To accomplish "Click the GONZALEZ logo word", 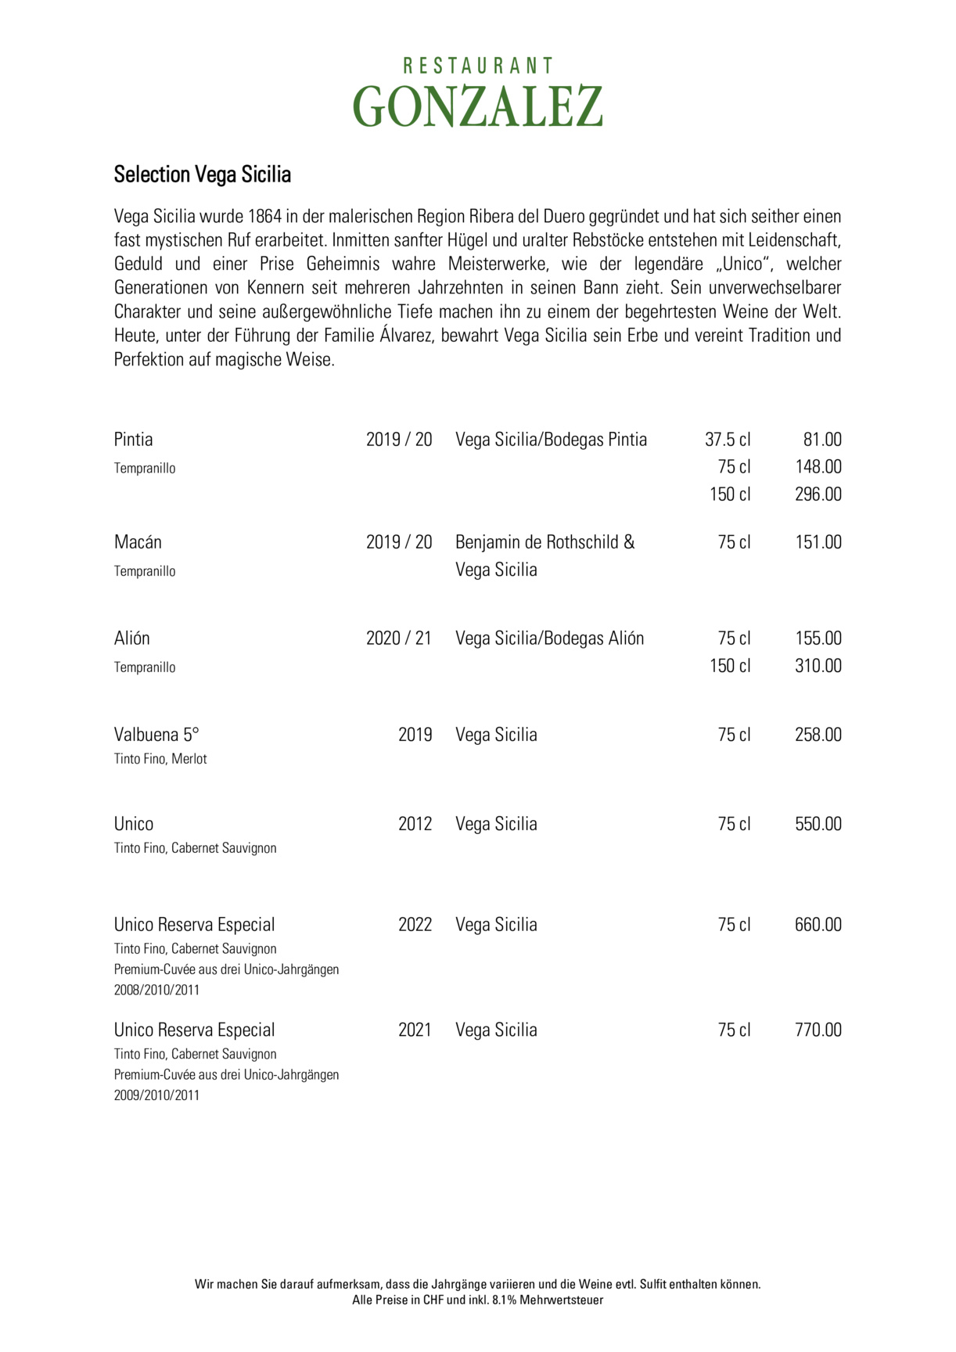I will point(477,106).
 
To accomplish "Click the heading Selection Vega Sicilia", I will point(203,174).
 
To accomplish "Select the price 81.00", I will point(822,440).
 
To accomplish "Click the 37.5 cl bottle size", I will point(728,440).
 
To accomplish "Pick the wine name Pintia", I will point(134,440).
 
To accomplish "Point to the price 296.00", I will point(818,494).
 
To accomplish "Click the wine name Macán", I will point(138,542).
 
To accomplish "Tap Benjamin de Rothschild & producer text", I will point(545,542).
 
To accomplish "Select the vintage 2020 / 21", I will point(399,638).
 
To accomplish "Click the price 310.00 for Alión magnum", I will point(818,666).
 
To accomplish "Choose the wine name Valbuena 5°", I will point(156,735).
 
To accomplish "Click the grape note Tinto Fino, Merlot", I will point(160,759).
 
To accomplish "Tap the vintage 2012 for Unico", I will point(415,824).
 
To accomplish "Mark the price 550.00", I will point(818,824).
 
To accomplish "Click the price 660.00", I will point(818,925).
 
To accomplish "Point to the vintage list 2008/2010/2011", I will point(156,990).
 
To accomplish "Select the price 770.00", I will point(818,1030).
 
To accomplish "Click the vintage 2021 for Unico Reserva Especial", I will point(415,1030).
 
